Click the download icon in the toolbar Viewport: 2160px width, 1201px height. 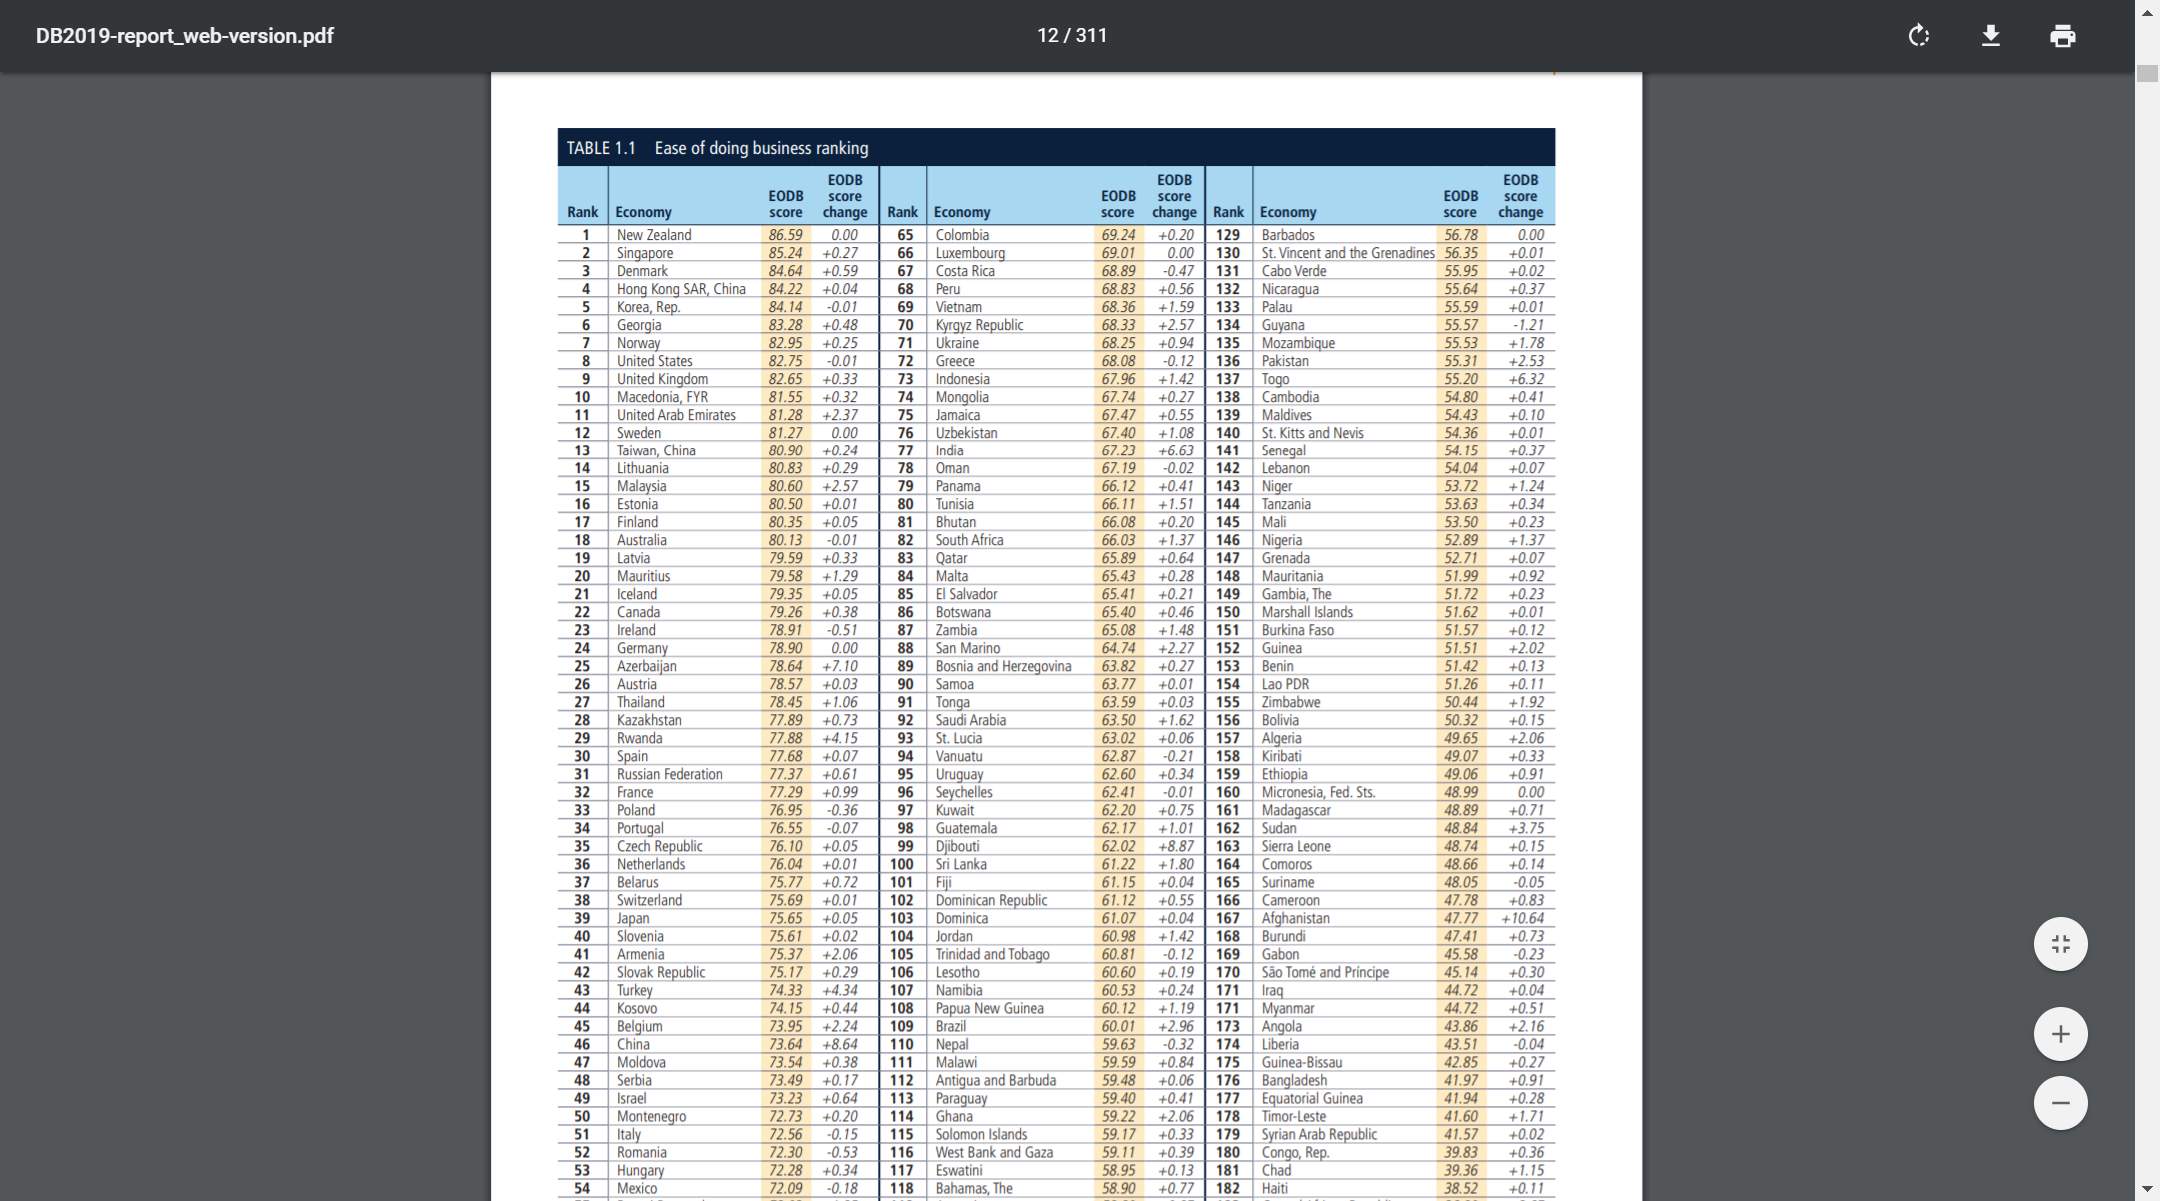(x=1990, y=36)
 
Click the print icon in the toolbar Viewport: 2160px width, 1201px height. (x=2062, y=36)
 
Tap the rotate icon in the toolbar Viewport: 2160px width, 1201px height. (x=1918, y=36)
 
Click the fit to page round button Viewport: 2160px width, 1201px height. (x=2060, y=944)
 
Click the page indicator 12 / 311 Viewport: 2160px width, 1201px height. (x=1071, y=36)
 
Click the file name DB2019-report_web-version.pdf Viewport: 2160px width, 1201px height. (x=185, y=36)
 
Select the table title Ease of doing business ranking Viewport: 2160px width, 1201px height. (x=761, y=148)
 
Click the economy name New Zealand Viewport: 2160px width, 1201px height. (x=654, y=235)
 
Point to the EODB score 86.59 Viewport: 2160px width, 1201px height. (x=785, y=235)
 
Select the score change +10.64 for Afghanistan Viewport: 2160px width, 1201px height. (x=1522, y=918)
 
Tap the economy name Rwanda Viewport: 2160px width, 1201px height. (x=639, y=738)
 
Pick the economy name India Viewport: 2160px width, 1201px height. (x=949, y=450)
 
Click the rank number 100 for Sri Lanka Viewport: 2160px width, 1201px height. (x=901, y=864)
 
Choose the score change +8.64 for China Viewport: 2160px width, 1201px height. (x=839, y=1044)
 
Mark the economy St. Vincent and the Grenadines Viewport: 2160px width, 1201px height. (x=1347, y=253)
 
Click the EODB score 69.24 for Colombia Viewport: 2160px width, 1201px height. (x=1118, y=235)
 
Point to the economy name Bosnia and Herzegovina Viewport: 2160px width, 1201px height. (x=1003, y=666)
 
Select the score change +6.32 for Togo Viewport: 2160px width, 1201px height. (x=1525, y=379)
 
